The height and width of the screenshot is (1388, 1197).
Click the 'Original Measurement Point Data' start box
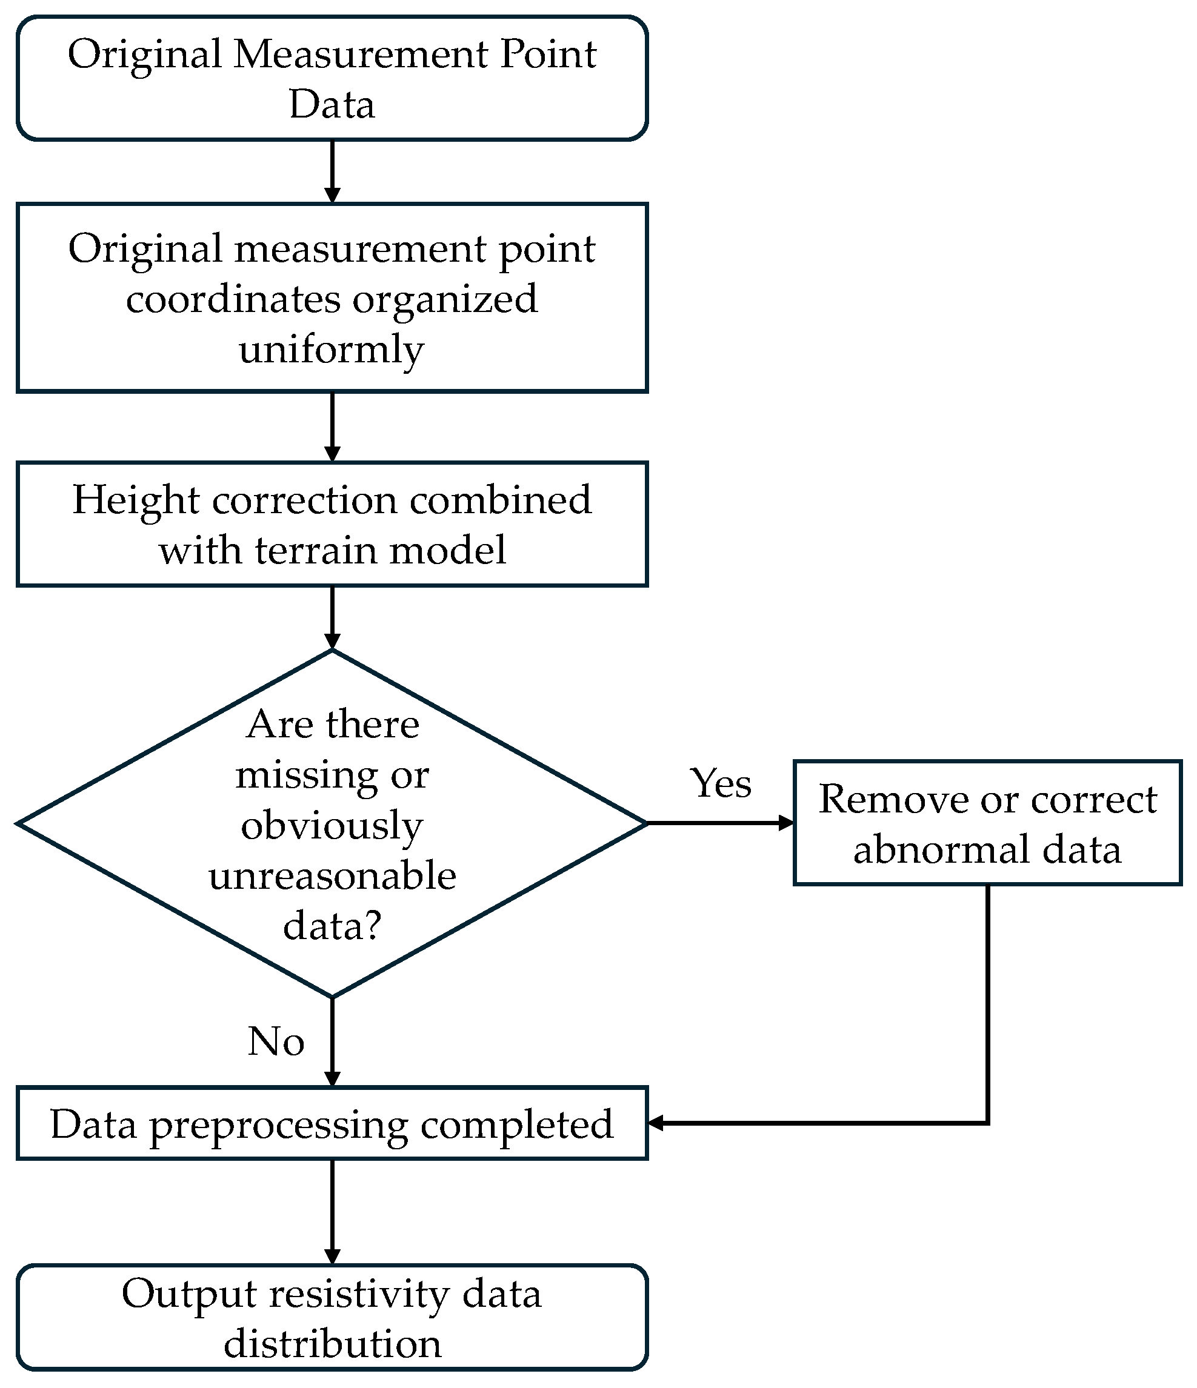coord(332,78)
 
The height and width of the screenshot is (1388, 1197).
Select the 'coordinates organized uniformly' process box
coord(332,297)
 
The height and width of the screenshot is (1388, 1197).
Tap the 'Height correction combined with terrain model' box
coord(332,524)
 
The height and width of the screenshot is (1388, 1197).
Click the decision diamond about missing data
coord(332,823)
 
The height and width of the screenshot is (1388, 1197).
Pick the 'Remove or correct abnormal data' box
coord(987,823)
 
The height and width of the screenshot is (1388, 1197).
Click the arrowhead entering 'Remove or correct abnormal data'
coord(786,823)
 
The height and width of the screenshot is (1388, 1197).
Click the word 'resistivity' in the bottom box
coord(359,1294)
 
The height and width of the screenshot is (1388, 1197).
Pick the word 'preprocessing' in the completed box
coord(278,1126)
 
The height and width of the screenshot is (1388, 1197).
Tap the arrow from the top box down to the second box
coord(332,171)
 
